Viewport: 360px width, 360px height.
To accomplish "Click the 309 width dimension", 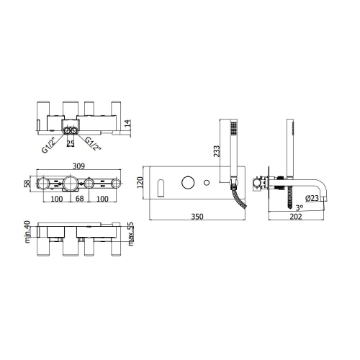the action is tap(78, 166).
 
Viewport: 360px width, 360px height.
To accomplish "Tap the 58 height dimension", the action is tap(28, 184).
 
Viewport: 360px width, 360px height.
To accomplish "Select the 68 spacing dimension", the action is tap(79, 199).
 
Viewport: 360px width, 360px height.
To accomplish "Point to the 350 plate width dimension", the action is tap(197, 217).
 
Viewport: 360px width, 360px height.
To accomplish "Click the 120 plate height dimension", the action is tap(140, 182).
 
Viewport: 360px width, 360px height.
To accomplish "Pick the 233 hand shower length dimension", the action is tap(217, 151).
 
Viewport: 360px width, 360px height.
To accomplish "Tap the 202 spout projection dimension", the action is tap(296, 217).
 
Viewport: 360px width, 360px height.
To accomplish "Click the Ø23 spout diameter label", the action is tap(312, 198).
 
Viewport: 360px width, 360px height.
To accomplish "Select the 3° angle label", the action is tap(300, 207).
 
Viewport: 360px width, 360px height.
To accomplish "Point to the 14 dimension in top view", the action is tap(127, 123).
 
